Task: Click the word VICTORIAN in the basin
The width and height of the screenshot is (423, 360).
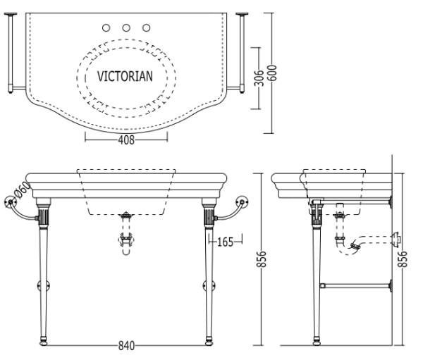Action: (x=125, y=76)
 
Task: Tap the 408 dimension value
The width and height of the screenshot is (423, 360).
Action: (x=126, y=139)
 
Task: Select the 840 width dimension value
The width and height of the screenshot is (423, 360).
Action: (x=126, y=345)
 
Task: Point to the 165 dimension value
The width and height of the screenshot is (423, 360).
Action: (x=226, y=242)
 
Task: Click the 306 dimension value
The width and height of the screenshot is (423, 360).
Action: (x=259, y=78)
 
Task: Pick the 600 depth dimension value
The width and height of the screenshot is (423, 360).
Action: (x=272, y=73)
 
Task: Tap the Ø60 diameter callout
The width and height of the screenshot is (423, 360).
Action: (x=22, y=190)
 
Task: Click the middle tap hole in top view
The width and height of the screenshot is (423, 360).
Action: (x=126, y=27)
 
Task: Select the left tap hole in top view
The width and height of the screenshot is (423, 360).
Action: (x=106, y=27)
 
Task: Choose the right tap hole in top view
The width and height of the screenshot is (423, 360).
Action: (x=147, y=27)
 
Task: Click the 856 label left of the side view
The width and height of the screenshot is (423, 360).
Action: (x=261, y=259)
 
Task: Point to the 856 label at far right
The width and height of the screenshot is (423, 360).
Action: (x=403, y=259)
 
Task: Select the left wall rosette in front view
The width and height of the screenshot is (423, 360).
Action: (x=11, y=202)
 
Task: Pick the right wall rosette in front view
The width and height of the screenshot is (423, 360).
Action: (x=242, y=202)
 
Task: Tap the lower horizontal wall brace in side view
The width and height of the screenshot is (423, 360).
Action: (x=356, y=285)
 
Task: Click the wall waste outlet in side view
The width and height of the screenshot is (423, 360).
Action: (x=396, y=240)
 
